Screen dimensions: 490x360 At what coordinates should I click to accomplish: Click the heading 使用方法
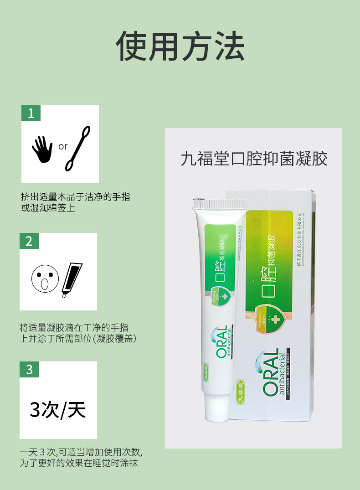click(x=180, y=46)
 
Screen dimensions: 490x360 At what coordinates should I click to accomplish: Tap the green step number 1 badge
click(x=31, y=113)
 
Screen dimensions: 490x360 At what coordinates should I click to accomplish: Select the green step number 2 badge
click(x=29, y=241)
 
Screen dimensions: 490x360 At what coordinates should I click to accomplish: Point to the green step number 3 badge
click(x=29, y=369)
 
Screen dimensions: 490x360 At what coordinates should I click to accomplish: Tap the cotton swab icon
click(x=77, y=148)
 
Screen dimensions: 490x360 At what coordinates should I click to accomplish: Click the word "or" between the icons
click(x=62, y=146)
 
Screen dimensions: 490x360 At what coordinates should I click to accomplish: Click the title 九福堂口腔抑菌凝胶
click(x=254, y=159)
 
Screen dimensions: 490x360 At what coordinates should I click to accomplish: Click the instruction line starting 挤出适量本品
click(x=75, y=196)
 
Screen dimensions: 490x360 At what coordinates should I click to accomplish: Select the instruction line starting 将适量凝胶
click(x=74, y=327)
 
